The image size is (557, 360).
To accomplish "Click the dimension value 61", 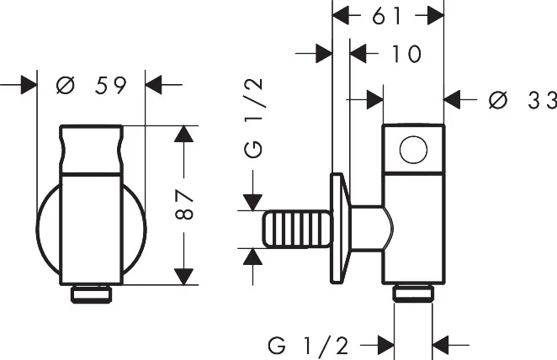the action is [387, 16].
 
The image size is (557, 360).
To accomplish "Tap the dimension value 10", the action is [406, 54].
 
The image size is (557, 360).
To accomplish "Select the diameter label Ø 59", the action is [92, 85].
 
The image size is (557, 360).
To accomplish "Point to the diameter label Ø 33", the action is [523, 100].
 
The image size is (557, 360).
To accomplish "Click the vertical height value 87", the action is [184, 205].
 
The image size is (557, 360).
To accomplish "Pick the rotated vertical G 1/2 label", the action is [253, 118].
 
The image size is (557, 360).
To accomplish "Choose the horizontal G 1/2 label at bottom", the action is [308, 345].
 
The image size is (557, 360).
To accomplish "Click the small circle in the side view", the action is [413, 150].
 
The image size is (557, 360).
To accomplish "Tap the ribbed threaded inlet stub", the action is [297, 229].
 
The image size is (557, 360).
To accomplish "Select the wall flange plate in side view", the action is [340, 228].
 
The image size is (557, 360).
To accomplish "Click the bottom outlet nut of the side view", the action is [413, 294].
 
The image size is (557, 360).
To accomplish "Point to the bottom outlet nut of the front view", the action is [92, 294].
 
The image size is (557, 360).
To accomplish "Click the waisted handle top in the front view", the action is [92, 150].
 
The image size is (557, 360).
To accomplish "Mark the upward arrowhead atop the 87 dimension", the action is [184, 135].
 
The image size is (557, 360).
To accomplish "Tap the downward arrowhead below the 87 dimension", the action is [184, 277].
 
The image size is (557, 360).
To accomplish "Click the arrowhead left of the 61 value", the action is [341, 16].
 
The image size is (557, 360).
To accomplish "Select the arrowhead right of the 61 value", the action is [436, 16].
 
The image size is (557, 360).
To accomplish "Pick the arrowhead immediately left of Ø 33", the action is [452, 100].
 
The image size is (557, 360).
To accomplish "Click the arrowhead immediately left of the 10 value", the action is [358, 54].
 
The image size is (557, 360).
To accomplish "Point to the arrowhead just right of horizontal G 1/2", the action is [441, 345].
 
